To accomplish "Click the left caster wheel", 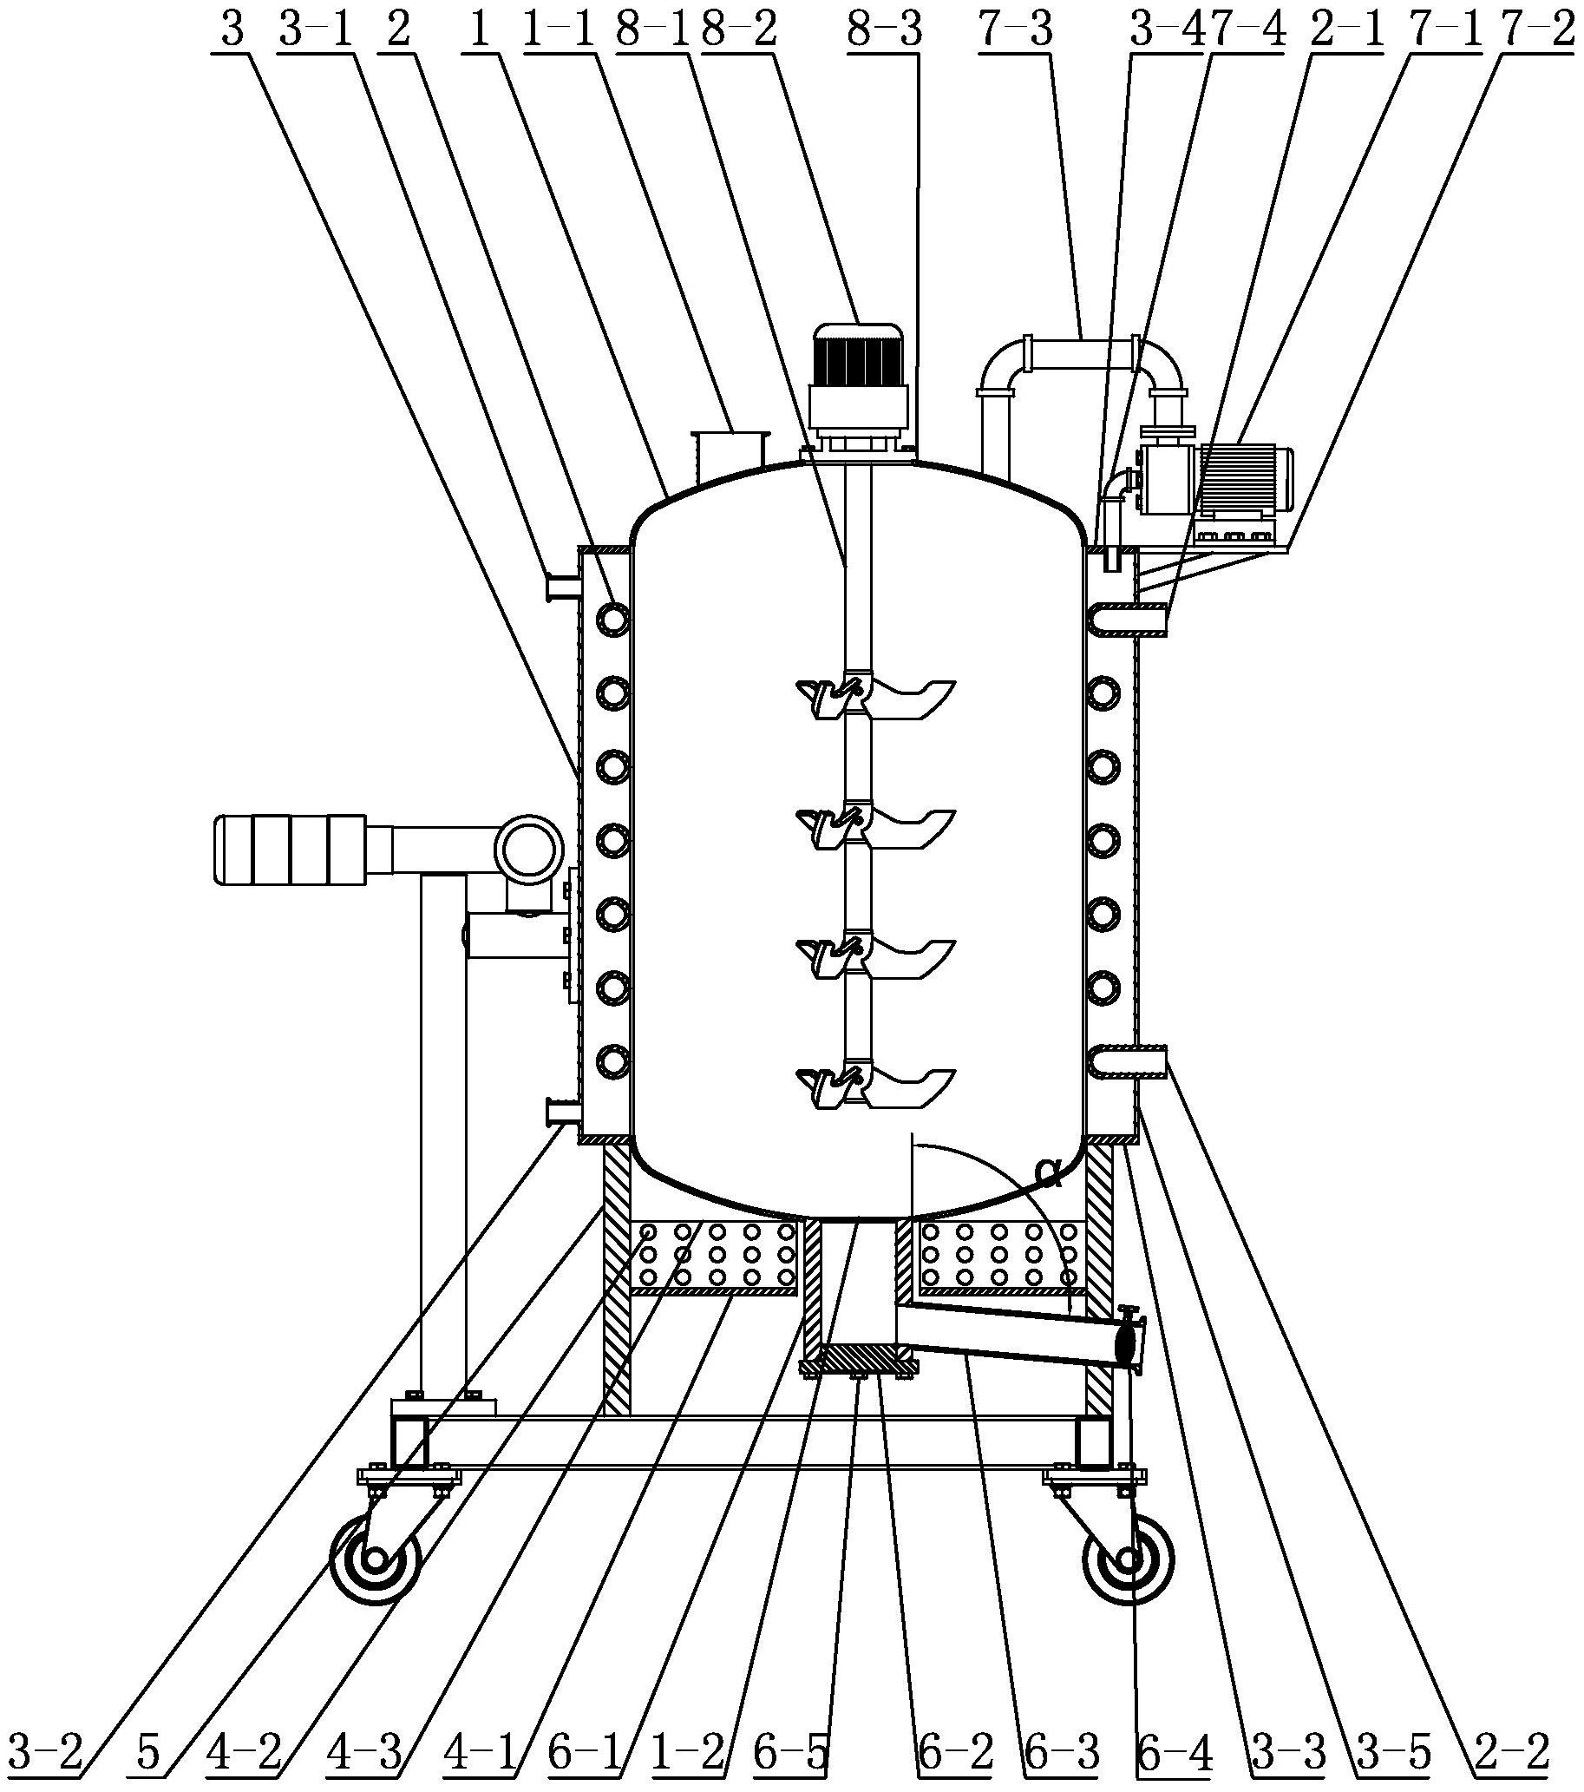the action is (x=376, y=1560).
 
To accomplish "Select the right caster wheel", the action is (x=1129, y=1560).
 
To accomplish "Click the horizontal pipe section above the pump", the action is (x=1083, y=355).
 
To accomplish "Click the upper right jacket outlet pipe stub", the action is (x=1129, y=619).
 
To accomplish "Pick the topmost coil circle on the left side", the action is (x=612, y=620).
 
